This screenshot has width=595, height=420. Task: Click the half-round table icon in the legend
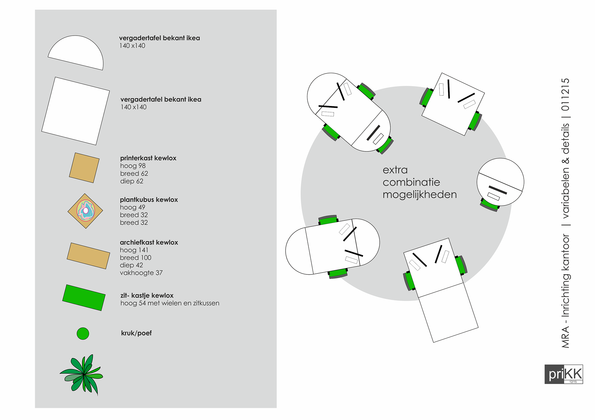point(76,52)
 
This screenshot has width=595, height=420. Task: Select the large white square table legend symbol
point(76,111)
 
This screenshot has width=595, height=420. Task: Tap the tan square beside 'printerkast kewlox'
point(84,168)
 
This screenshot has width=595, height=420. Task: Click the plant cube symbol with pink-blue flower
point(85,211)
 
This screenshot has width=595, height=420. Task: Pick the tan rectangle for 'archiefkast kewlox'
point(88,256)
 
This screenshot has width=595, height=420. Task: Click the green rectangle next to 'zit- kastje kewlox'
point(84,297)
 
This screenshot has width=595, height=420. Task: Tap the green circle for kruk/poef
point(83,334)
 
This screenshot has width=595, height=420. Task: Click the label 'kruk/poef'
point(136,333)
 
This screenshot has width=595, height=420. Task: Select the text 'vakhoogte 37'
point(141,273)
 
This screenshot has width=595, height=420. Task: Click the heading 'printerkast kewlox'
point(148,158)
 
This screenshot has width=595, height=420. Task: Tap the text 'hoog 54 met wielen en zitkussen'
point(170,303)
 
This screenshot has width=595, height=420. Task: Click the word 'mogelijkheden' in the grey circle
point(420,195)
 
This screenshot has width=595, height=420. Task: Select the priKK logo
point(563,374)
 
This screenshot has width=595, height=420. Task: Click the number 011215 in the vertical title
point(566,94)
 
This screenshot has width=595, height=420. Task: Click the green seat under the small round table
point(490,206)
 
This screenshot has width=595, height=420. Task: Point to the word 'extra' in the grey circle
point(395,170)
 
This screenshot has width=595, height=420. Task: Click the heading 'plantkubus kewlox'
point(149,200)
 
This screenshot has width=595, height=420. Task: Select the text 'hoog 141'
point(134,250)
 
